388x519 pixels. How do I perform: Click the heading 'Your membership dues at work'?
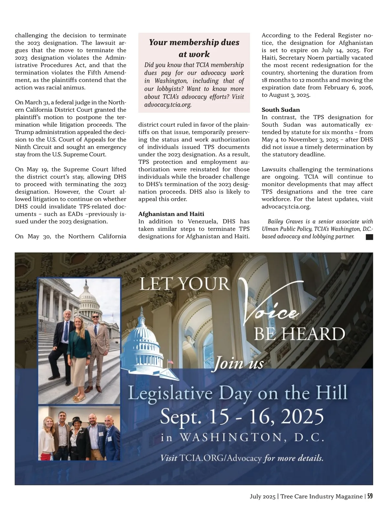pyautogui.click(x=194, y=48)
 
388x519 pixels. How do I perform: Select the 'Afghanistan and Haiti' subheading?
pyautogui.click(x=171, y=214)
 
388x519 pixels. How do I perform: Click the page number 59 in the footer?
pyautogui.click(x=370, y=496)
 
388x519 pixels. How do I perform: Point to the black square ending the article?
pyautogui.click(x=369, y=237)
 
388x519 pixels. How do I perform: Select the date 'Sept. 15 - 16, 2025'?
pyautogui.click(x=242, y=416)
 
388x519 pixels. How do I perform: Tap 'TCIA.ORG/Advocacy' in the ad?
pyautogui.click(x=220, y=458)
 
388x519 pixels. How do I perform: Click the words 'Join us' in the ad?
pyautogui.click(x=239, y=363)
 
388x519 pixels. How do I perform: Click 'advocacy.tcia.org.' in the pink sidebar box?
pyautogui.click(x=168, y=105)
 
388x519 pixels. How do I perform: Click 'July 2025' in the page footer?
pyautogui.click(x=262, y=496)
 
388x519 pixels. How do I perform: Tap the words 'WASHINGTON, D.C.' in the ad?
pyautogui.click(x=252, y=438)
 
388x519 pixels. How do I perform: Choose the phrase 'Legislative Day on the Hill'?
pyautogui.click(x=238, y=393)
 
